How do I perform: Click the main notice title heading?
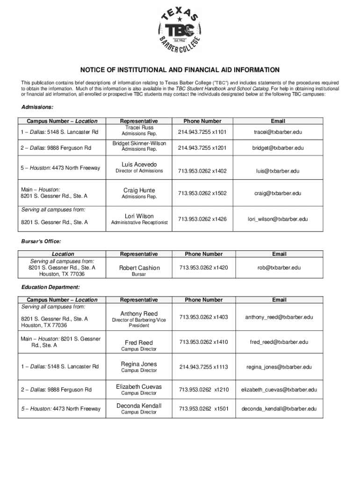click(x=180, y=70)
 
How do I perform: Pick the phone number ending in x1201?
click(x=202, y=148)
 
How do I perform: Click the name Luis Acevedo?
click(x=139, y=165)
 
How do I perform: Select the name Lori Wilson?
click(x=139, y=216)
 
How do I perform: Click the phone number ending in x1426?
click(x=202, y=219)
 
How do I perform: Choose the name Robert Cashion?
click(x=139, y=268)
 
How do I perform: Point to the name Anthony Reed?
click(x=139, y=313)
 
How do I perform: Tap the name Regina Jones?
click(x=139, y=364)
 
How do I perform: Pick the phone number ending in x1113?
click(x=202, y=367)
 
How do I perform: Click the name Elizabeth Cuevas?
click(x=139, y=386)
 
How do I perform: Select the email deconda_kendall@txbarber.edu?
click(x=279, y=409)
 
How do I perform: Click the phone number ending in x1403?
click(x=202, y=317)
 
